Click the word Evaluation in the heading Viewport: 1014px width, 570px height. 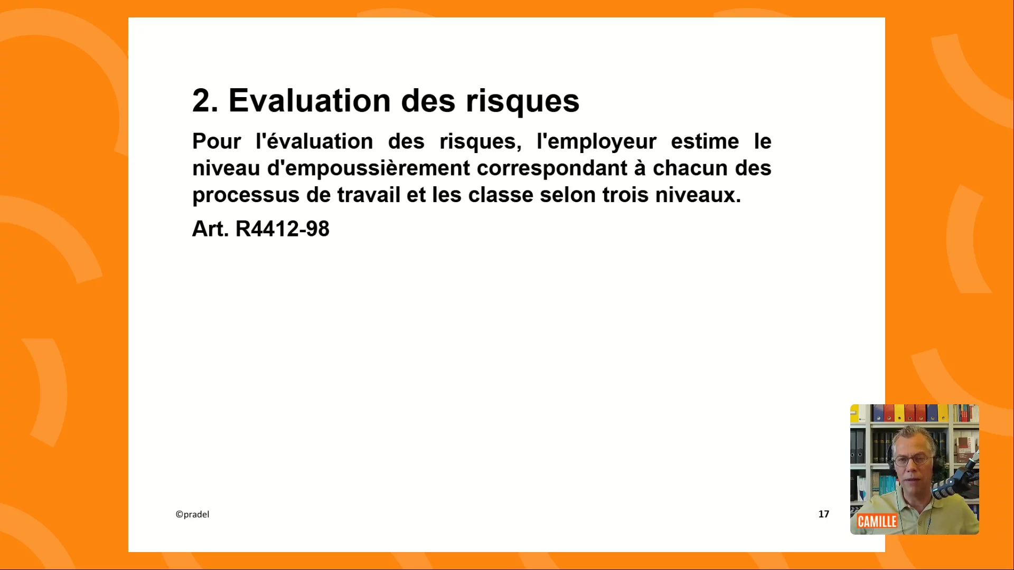[x=309, y=100]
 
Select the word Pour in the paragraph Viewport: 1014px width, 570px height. [x=217, y=141]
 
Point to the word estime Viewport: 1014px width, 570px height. [x=705, y=141]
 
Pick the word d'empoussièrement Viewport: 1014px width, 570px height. [x=369, y=169]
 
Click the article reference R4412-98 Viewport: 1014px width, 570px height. [x=283, y=229]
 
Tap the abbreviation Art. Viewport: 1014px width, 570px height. [x=210, y=229]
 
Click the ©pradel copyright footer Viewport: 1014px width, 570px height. [x=192, y=515]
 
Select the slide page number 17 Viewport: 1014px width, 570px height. [x=824, y=514]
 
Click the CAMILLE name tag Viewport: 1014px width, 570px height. [x=877, y=521]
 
